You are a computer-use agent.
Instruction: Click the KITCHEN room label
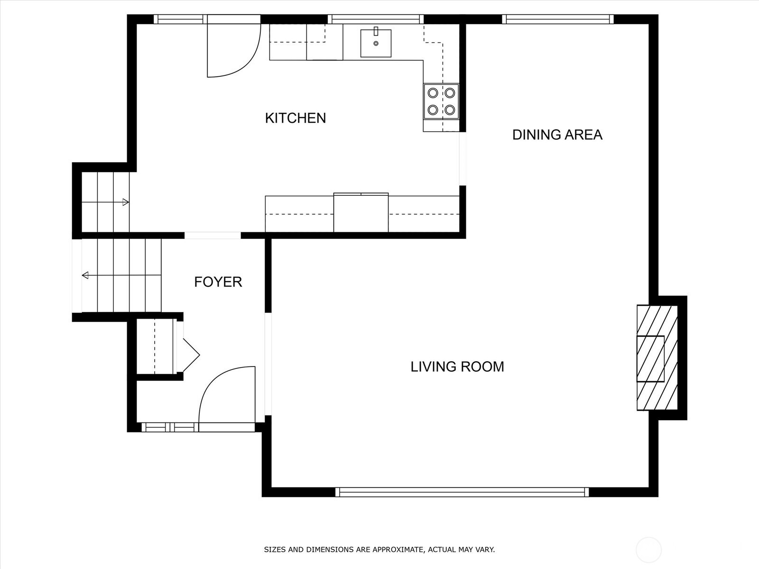pyautogui.click(x=296, y=118)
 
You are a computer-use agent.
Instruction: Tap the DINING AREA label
pyautogui.click(x=557, y=135)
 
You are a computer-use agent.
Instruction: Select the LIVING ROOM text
pyautogui.click(x=457, y=367)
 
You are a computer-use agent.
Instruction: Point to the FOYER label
pyautogui.click(x=218, y=282)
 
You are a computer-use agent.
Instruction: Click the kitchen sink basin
pyautogui.click(x=376, y=43)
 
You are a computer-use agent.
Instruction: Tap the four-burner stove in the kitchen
pyautogui.click(x=441, y=101)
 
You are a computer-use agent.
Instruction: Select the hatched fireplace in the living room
pyautogui.click(x=657, y=358)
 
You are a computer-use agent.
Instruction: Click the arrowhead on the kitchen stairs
pyautogui.click(x=126, y=202)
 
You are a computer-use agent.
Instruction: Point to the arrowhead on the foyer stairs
pyautogui.click(x=85, y=275)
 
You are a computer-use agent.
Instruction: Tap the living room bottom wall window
pyautogui.click(x=462, y=492)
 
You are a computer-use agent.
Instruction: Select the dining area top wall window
pyautogui.click(x=557, y=19)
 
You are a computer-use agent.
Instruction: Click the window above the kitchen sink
pyautogui.click(x=376, y=19)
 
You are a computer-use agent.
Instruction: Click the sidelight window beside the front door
pyautogui.click(x=170, y=427)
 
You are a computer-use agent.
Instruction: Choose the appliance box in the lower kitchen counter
pyautogui.click(x=361, y=212)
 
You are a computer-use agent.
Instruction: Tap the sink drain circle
pyautogui.click(x=376, y=44)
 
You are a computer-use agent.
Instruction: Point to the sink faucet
pyautogui.click(x=376, y=31)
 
